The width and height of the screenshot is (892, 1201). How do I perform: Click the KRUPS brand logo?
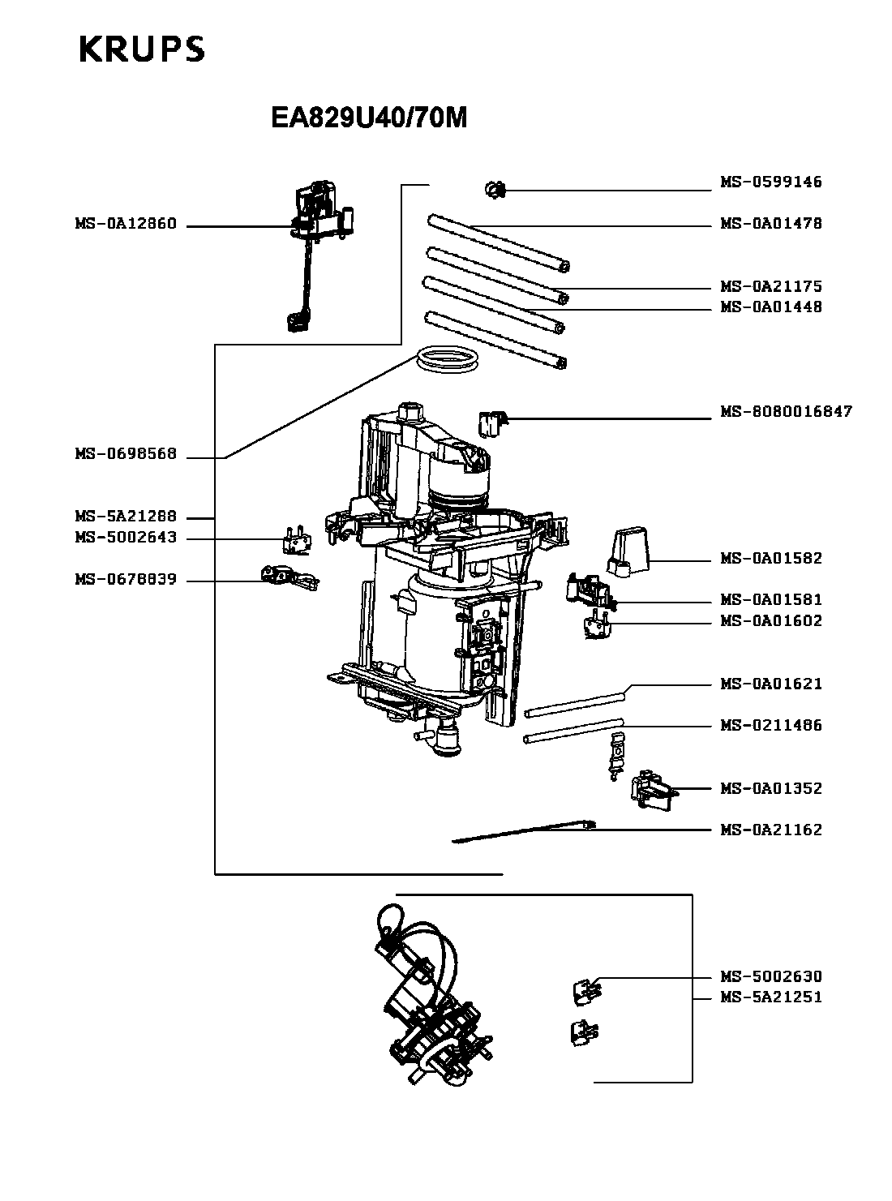(142, 49)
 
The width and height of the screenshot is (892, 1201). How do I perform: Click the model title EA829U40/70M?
(369, 118)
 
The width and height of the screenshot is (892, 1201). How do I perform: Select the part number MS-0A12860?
(126, 225)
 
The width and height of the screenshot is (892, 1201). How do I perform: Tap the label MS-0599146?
(771, 182)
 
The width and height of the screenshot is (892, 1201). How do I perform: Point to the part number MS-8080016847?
(787, 412)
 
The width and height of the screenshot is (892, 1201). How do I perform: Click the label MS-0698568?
(126, 454)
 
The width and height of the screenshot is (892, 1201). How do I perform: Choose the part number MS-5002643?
(126, 538)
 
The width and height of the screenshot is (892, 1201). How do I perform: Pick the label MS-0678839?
(126, 580)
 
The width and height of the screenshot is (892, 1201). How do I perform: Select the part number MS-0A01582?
(771, 558)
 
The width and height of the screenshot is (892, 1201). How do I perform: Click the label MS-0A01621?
(771, 684)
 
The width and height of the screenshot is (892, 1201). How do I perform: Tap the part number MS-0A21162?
(771, 830)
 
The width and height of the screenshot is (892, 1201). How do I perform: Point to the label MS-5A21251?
(771, 997)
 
